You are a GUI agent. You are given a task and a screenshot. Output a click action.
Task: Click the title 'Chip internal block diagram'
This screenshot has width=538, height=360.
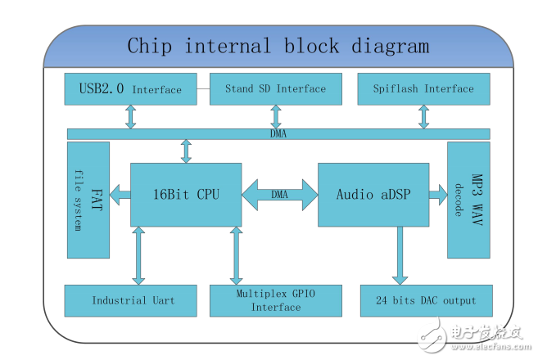coord(278,46)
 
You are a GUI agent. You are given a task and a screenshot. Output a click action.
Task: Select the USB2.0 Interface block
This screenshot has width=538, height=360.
coord(130,88)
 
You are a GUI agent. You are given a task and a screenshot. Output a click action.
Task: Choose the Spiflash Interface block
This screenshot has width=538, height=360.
coord(423,88)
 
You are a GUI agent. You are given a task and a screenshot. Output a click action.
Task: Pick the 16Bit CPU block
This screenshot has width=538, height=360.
coord(186,194)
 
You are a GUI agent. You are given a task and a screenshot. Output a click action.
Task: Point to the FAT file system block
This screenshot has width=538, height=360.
coord(88,199)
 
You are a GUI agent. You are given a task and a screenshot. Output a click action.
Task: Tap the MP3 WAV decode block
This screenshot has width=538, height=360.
coord(468,199)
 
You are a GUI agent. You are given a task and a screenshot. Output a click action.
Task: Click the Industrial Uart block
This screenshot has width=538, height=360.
coord(132,300)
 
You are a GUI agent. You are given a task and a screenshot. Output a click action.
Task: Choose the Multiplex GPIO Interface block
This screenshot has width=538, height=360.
coord(275,300)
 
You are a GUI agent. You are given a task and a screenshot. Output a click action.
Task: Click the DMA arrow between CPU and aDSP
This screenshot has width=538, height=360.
coord(279,194)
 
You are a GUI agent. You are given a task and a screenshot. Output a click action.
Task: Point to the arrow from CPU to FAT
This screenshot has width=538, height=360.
coord(120,194)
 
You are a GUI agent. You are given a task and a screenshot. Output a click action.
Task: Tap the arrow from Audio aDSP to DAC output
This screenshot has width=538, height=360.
coord(400,255)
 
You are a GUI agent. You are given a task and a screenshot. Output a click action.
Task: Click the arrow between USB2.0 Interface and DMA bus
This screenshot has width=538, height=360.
coord(131,116)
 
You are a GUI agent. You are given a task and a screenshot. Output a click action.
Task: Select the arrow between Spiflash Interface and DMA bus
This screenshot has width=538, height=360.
coord(423,116)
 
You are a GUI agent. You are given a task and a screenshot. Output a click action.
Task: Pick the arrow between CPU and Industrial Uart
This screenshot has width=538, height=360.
coord(138,255)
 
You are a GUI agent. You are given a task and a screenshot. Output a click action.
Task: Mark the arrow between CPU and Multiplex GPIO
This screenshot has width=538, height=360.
coord(237,255)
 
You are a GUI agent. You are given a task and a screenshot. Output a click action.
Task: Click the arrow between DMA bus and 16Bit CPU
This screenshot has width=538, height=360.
coord(187,151)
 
